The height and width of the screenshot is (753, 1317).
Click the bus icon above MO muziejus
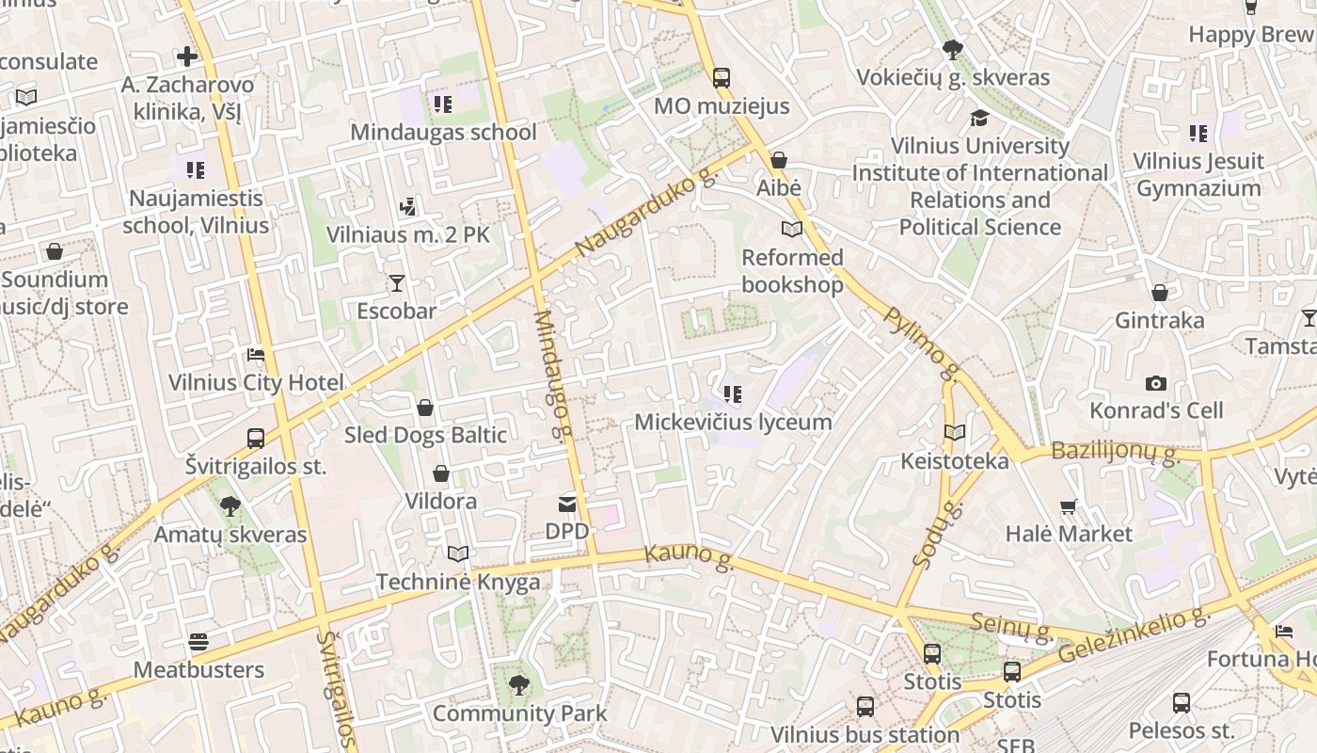pyautogui.click(x=722, y=78)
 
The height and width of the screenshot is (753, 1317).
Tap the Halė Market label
pyautogui.click(x=1069, y=534)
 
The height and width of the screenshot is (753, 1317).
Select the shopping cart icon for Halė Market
pyautogui.click(x=1069, y=507)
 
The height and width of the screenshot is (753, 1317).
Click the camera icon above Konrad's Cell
pyautogui.click(x=1156, y=383)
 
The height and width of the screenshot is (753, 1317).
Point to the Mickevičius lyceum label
pyautogui.click(x=733, y=422)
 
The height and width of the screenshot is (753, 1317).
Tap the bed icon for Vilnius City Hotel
pyautogui.click(x=255, y=355)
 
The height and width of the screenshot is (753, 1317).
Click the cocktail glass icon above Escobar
pyautogui.click(x=397, y=283)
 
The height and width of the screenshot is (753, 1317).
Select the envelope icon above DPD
pyautogui.click(x=567, y=505)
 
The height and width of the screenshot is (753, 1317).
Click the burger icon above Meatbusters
pyautogui.click(x=198, y=642)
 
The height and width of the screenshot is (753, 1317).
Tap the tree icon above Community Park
pyautogui.click(x=518, y=685)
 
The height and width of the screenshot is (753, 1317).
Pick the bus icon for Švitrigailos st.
pyautogui.click(x=255, y=438)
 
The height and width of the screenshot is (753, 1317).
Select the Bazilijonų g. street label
pyautogui.click(x=1115, y=452)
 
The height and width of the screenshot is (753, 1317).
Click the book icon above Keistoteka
pyautogui.click(x=955, y=433)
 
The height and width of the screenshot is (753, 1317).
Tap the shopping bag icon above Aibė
pyautogui.click(x=779, y=161)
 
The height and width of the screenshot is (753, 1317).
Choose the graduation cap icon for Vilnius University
pyautogui.click(x=979, y=118)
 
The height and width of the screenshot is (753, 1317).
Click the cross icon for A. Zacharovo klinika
pyautogui.click(x=187, y=56)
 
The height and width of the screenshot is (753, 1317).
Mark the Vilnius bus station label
pyautogui.click(x=865, y=734)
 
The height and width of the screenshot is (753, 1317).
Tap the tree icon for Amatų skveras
pyautogui.click(x=230, y=507)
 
